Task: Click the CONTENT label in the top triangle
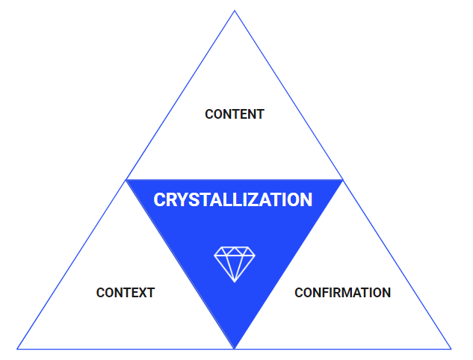pyautogui.click(x=234, y=114)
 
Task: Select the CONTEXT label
pyautogui.click(x=125, y=293)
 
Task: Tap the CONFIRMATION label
pyautogui.click(x=342, y=293)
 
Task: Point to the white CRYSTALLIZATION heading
pyautogui.click(x=233, y=200)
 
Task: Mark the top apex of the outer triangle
pyautogui.click(x=235, y=10)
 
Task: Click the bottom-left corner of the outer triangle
pyautogui.click(x=17, y=349)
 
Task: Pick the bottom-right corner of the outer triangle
pyautogui.click(x=451, y=349)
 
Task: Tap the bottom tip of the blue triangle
pyautogui.click(x=235, y=348)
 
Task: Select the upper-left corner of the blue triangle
pyautogui.click(x=126, y=180)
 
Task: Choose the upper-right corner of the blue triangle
pyautogui.click(x=343, y=180)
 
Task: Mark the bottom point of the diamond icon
pyautogui.click(x=235, y=282)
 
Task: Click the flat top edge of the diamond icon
pyautogui.click(x=235, y=246)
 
